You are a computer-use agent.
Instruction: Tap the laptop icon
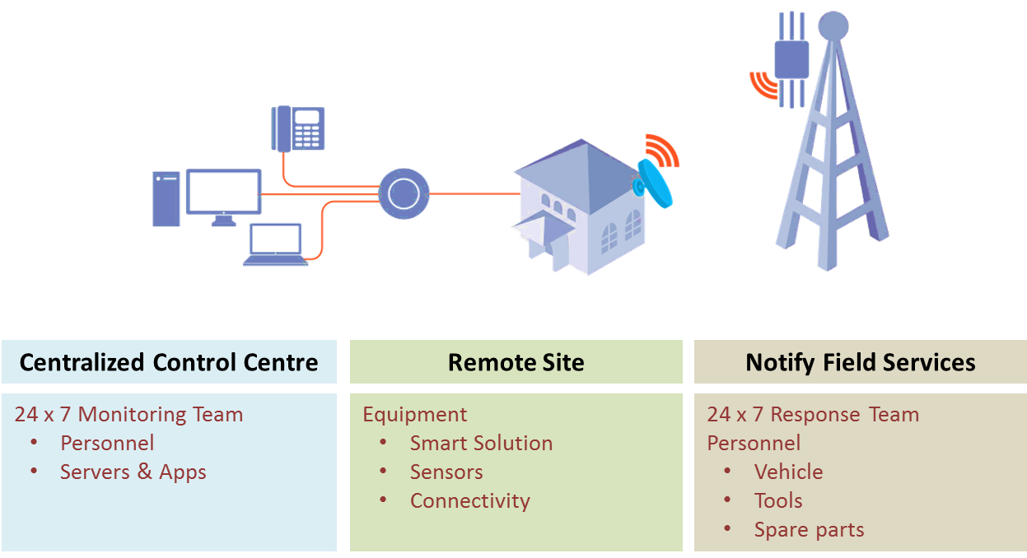pos(275,245)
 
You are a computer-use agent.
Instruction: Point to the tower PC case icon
pos(166,198)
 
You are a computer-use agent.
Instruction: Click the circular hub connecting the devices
pos(403,193)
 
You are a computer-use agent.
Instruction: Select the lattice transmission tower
pos(832,156)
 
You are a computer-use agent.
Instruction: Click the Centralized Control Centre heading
pos(169,362)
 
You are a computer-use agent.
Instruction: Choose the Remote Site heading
pos(516,362)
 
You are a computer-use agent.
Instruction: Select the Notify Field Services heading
pos(861,362)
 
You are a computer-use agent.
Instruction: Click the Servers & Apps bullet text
pos(133,472)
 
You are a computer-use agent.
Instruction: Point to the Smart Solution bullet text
pos(481,444)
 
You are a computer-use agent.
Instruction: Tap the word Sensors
pos(446,472)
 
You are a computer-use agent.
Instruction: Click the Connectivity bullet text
pos(469,501)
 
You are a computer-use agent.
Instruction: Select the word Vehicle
pos(788,472)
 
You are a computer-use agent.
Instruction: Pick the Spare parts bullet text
pos(809,530)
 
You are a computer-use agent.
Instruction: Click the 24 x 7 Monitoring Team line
pos(128,415)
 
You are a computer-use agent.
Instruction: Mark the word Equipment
pos(415,415)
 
